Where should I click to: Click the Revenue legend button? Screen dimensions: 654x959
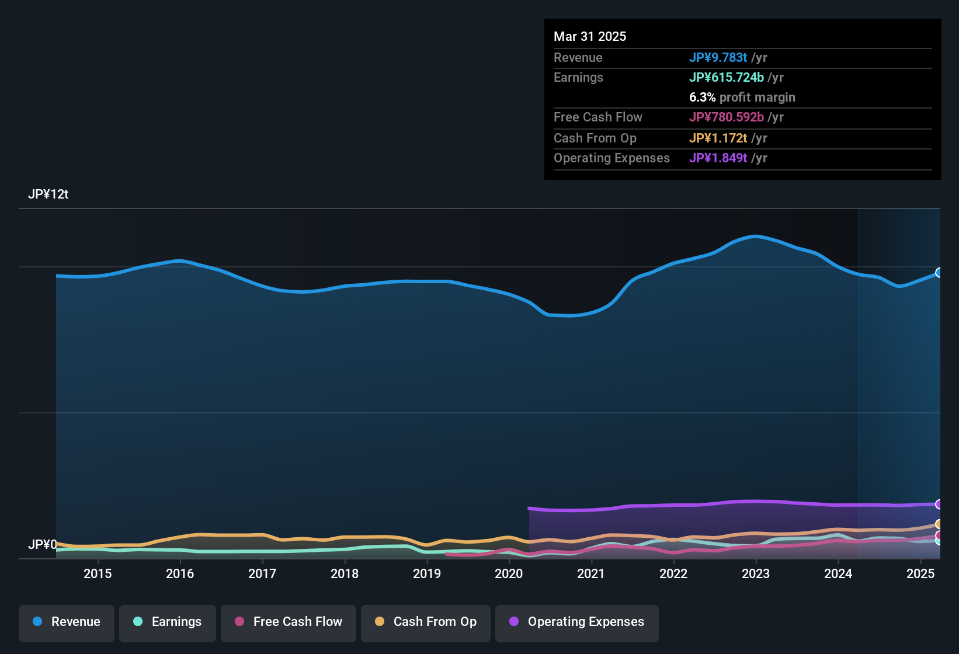pos(67,622)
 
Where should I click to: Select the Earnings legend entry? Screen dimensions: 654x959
pos(168,622)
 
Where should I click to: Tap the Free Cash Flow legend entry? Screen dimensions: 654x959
pos(289,622)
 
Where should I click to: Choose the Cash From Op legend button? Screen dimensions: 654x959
pos(426,622)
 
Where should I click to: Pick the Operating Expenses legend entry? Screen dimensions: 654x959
pos(577,622)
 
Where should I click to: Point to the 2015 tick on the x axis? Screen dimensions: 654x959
pos(98,573)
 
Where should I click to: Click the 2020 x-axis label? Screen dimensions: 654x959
pos(509,573)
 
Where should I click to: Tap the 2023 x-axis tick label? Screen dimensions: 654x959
pos(756,573)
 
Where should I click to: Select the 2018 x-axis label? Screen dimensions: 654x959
pos(345,573)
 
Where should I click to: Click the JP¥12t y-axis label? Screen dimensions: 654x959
pos(48,194)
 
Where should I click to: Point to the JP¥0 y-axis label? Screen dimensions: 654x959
pos(42,544)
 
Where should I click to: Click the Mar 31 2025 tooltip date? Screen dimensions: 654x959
pos(590,36)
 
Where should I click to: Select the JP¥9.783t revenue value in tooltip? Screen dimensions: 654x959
pos(718,57)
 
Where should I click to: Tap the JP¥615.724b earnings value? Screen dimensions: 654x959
pos(726,77)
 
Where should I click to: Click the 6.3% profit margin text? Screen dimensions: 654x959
pos(742,97)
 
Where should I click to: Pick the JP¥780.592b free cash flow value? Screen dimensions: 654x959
pos(726,117)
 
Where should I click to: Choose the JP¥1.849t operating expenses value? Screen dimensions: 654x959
pos(718,158)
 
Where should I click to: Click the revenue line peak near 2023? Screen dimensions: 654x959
pos(756,236)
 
